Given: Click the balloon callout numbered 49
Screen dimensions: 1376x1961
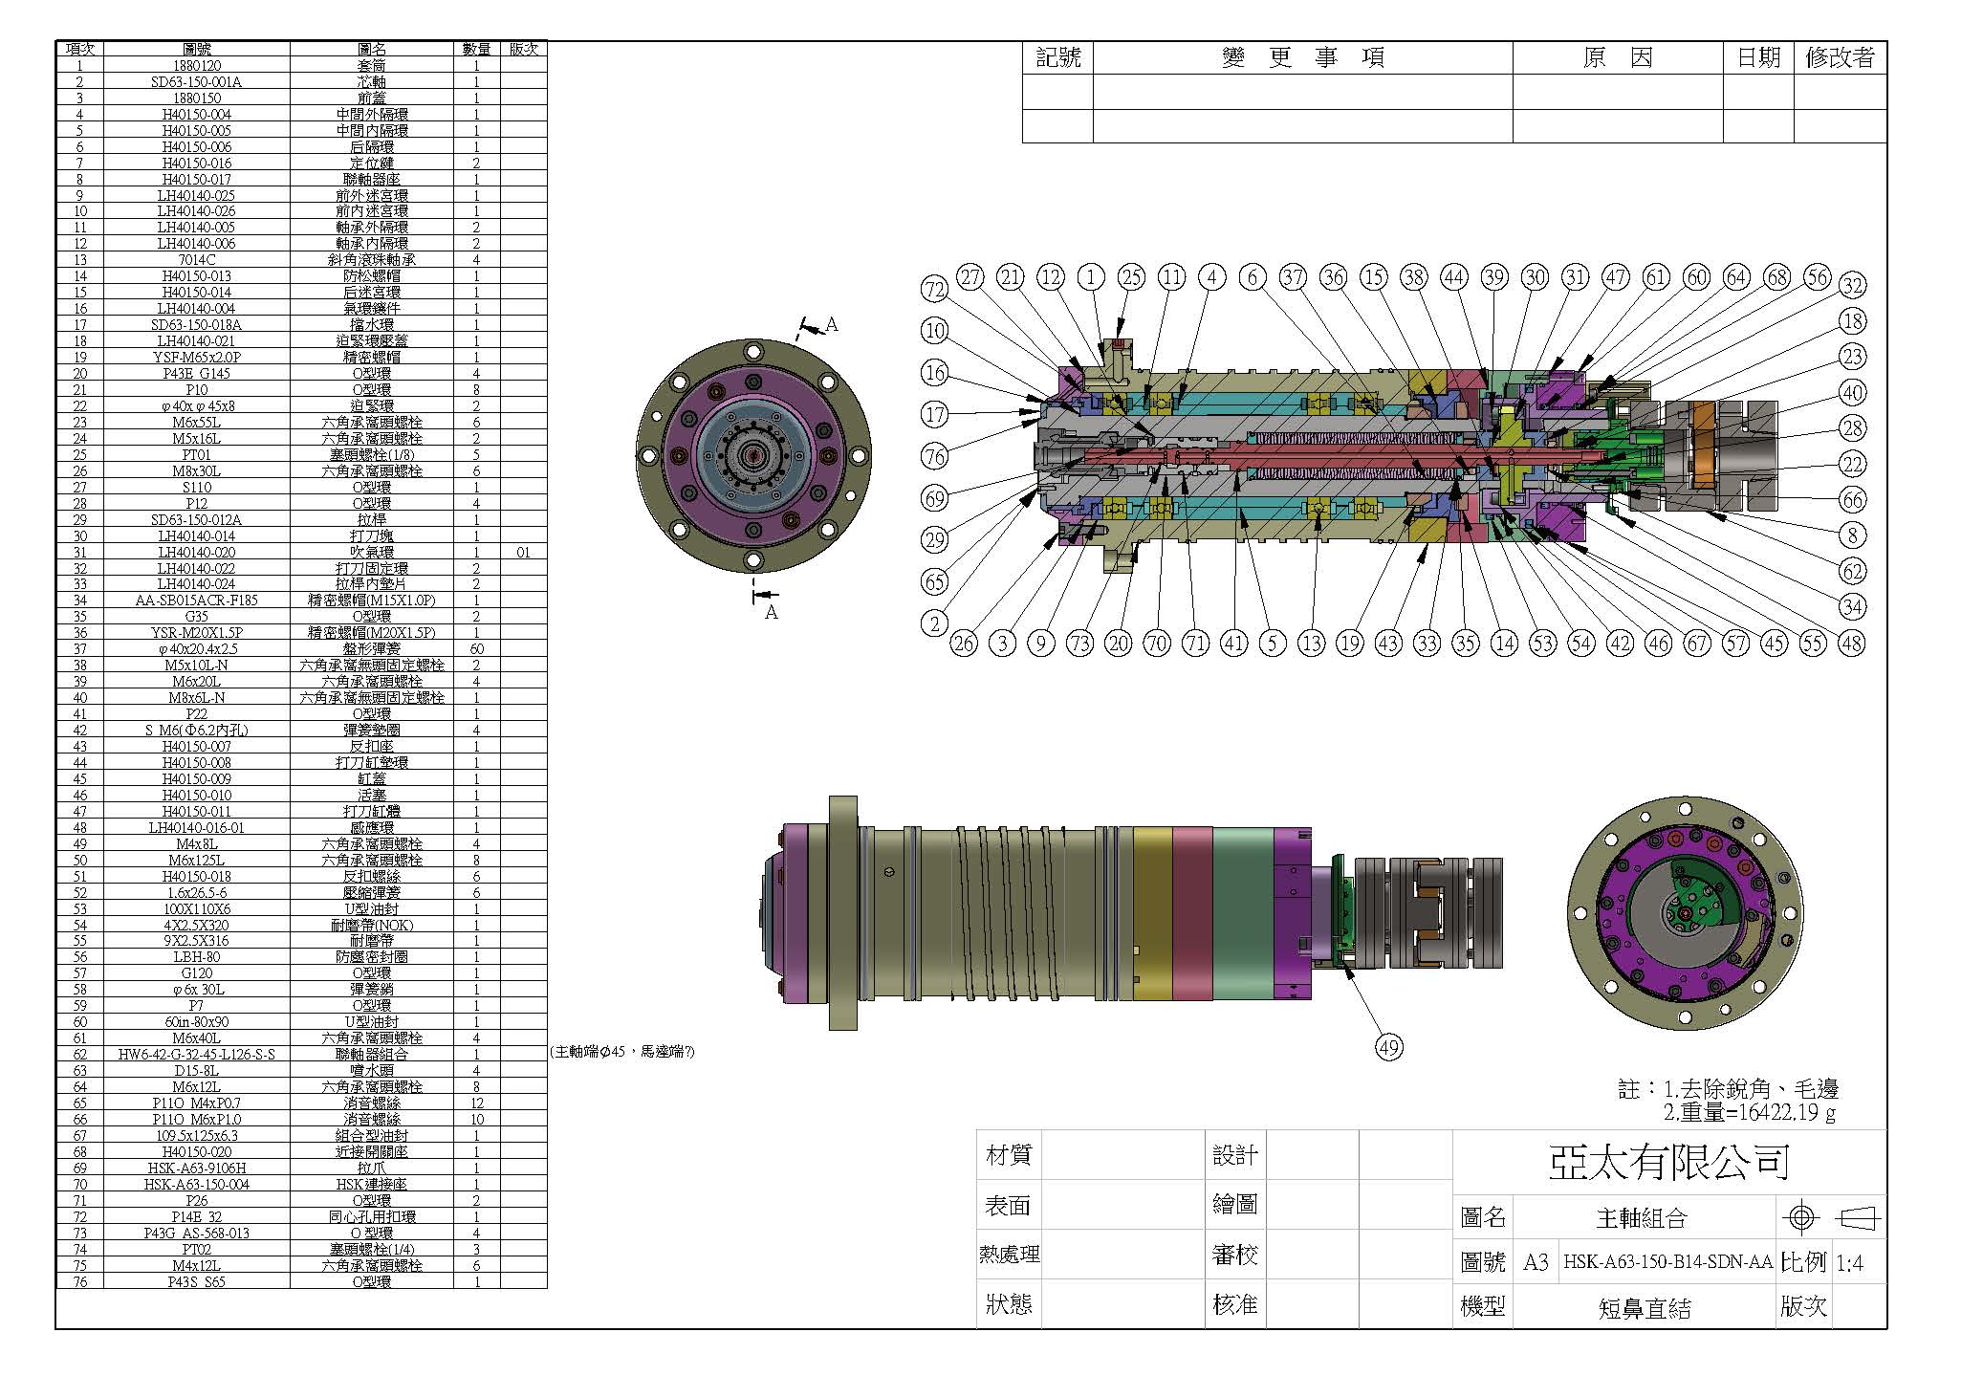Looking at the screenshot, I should coord(1388,1047).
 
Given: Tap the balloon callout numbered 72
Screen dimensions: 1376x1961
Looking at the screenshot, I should coord(935,289).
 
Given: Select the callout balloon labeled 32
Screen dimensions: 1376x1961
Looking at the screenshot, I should coord(1852,285).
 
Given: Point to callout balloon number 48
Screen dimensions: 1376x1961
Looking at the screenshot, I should coord(1851,643).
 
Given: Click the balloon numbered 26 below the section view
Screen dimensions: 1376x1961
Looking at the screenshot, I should coord(963,643).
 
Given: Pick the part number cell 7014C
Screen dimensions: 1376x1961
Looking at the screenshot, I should coord(197,259).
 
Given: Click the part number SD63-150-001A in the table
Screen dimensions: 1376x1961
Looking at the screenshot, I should coord(197,81).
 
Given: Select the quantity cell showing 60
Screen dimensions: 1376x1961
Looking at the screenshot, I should coord(476,649).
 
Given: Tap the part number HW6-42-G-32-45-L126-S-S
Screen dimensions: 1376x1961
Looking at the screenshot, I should coord(197,1054).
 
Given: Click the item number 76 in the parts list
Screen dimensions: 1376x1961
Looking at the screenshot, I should coord(80,1281).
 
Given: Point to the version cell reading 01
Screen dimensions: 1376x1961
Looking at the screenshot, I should coord(523,552).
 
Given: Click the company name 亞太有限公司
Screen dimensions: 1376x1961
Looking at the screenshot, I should coord(1668,1162).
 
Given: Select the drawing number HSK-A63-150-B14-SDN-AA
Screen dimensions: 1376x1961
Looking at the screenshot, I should coord(1667,1262).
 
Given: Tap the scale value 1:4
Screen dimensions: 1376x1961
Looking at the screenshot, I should coord(1849,1263).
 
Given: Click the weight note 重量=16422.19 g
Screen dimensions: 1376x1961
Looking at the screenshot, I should coord(1749,1112).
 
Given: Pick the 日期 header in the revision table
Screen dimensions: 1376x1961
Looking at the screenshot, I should coord(1757,57).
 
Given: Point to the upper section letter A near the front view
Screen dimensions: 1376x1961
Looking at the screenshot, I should coord(831,325).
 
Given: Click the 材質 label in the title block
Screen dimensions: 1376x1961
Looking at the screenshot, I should coord(1008,1155).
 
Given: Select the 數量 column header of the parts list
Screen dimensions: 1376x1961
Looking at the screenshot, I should coord(476,49).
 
